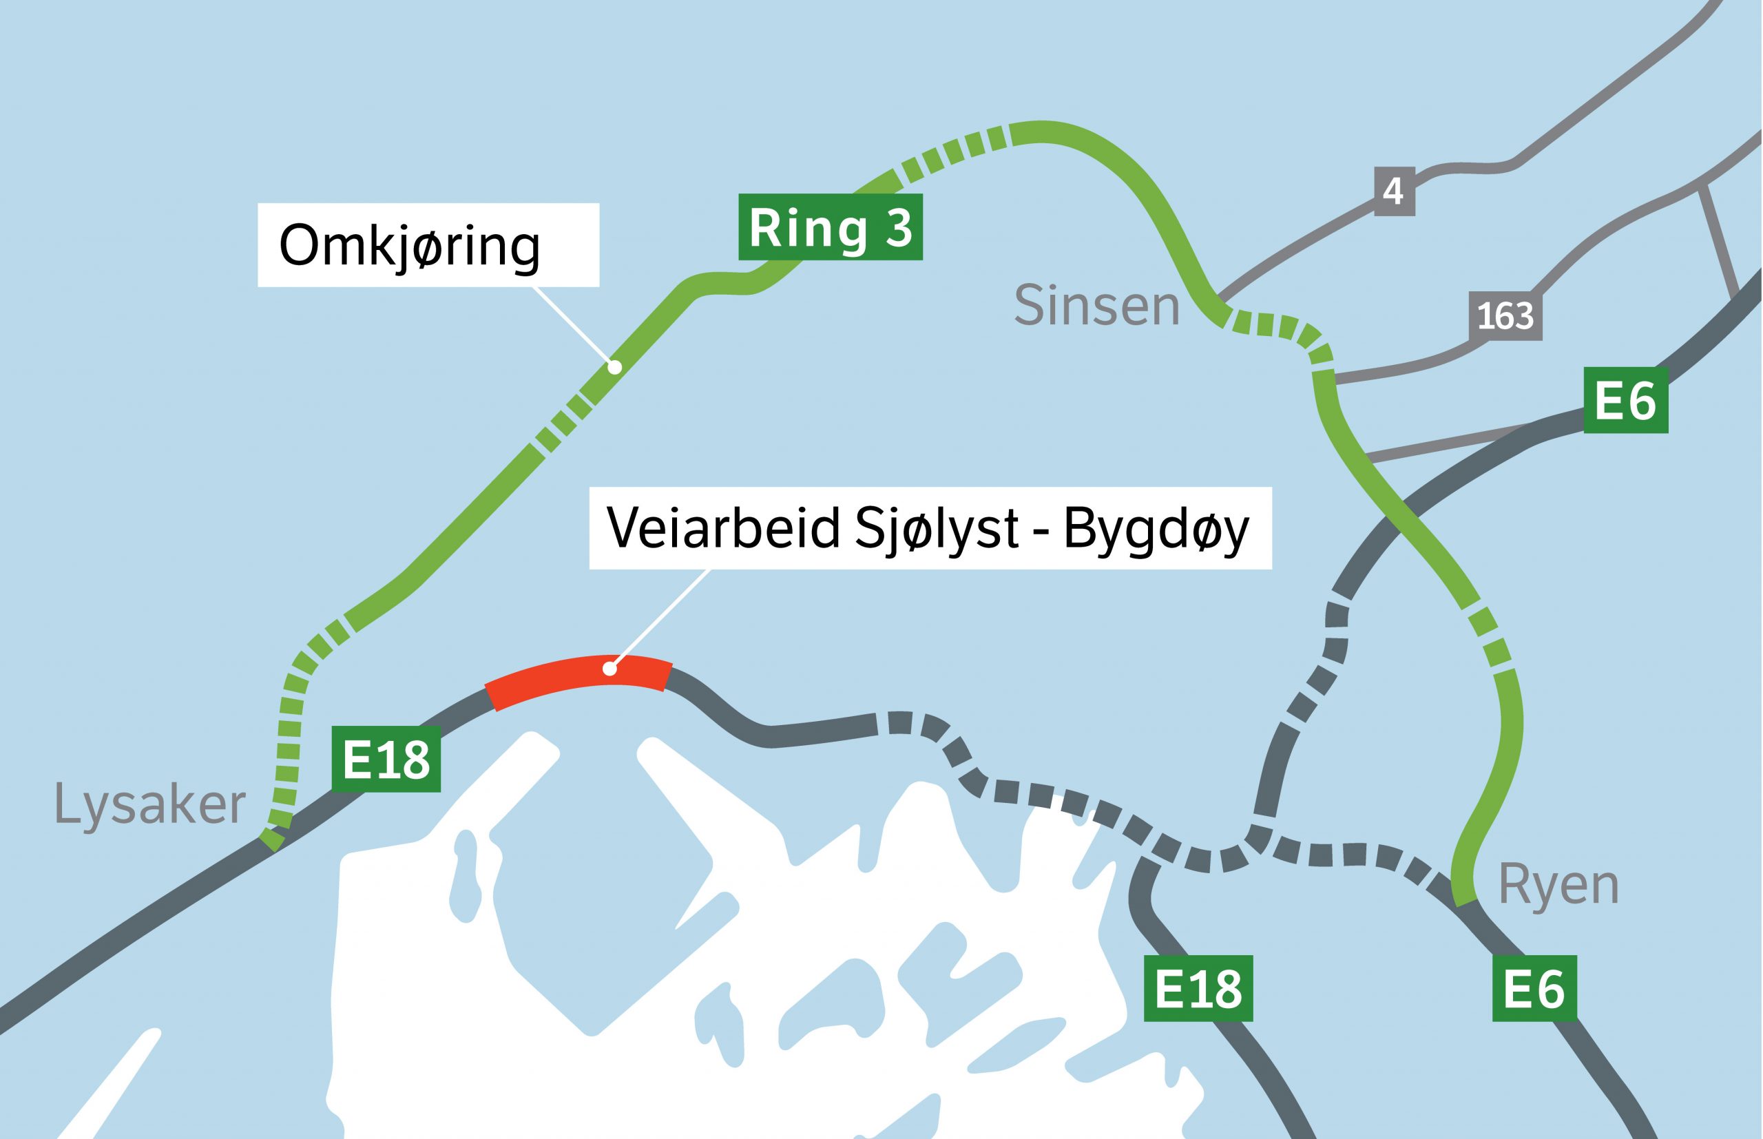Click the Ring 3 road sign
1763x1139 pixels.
[830, 227]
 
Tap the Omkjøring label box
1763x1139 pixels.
[428, 245]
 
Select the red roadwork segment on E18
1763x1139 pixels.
[578, 680]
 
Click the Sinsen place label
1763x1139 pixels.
[1096, 306]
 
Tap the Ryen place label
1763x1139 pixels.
[1558, 886]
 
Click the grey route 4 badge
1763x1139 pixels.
[1394, 191]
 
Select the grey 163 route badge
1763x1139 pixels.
[1505, 317]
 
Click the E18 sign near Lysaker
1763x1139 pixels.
[386, 759]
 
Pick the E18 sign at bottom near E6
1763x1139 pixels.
[1198, 988]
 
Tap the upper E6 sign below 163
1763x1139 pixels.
[1625, 400]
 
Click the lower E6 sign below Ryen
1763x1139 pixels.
[1534, 988]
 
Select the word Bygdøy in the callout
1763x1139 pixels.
[1156, 528]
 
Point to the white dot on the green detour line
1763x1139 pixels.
[614, 366]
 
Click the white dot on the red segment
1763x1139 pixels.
[609, 669]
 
